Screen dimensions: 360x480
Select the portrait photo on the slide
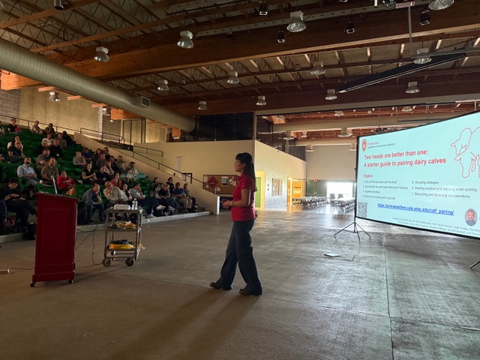(x=470, y=217)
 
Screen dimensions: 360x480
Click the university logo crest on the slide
(x=364, y=144)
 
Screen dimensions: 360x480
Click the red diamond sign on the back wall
(x=214, y=181)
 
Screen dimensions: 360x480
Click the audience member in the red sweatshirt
(x=65, y=182)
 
